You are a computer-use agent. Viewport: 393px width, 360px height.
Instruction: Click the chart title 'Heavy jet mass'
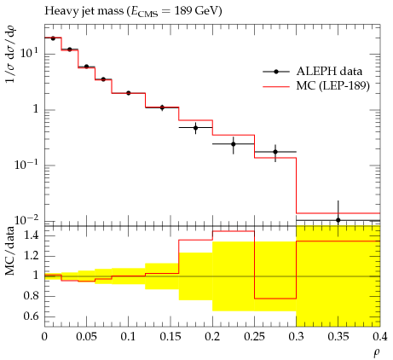click(x=84, y=11)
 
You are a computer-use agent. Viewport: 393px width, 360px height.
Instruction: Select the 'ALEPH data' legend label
click(x=329, y=72)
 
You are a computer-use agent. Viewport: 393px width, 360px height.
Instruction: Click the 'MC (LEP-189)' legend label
click(x=333, y=85)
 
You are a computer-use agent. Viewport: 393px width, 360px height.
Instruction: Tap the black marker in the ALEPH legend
click(x=276, y=72)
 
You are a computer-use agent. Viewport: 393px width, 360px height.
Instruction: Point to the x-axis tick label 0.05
click(x=87, y=337)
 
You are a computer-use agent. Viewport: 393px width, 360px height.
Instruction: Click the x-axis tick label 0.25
click(x=255, y=337)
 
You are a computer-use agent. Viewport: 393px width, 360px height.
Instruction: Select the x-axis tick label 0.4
click(x=380, y=337)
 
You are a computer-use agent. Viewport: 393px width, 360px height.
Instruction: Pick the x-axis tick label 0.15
click(x=170, y=337)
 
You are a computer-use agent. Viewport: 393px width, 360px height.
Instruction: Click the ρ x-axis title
click(x=377, y=353)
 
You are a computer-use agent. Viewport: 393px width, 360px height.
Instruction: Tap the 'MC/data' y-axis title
click(x=10, y=252)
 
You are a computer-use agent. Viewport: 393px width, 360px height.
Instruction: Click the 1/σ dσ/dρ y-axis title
click(x=10, y=54)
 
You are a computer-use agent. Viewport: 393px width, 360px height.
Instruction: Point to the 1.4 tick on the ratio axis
click(x=31, y=235)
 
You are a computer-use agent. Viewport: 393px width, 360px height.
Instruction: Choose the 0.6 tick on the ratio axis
click(x=31, y=316)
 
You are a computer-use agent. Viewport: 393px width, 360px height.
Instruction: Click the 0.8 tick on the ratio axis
click(x=31, y=296)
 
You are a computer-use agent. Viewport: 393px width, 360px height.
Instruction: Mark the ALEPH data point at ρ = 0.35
click(x=338, y=220)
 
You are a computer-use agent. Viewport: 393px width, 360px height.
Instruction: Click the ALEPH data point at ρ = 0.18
click(x=195, y=128)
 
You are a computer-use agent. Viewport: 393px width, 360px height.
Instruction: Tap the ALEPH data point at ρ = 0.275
click(x=275, y=152)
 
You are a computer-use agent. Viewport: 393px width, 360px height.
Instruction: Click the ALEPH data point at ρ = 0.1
click(x=129, y=93)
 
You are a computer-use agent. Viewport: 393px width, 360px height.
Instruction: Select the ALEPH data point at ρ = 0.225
click(x=234, y=144)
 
